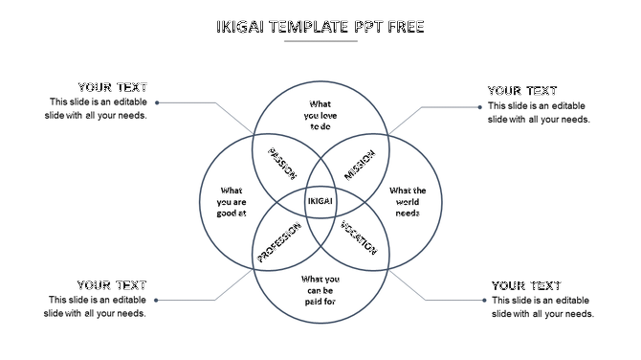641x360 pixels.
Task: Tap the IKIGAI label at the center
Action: pyautogui.click(x=320, y=201)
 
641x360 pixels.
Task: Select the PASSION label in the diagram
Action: pyautogui.click(x=282, y=164)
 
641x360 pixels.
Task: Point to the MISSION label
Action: pyautogui.click(x=360, y=164)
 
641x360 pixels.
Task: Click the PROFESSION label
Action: pyautogui.click(x=279, y=242)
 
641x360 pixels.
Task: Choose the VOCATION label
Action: pyautogui.click(x=359, y=238)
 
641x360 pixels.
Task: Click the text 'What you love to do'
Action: pyautogui.click(x=320, y=115)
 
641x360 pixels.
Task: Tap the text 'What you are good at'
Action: pyautogui.click(x=232, y=201)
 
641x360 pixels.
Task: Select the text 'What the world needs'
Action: pyautogui.click(x=408, y=201)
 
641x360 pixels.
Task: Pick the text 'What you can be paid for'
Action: pyautogui.click(x=320, y=290)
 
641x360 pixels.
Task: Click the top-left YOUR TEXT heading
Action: pyautogui.click(x=113, y=87)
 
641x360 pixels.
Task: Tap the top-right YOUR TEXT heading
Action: pyautogui.click(x=522, y=91)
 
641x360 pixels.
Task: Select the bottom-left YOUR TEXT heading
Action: pyautogui.click(x=112, y=284)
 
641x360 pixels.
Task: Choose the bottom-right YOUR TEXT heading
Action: pyautogui.click(x=526, y=285)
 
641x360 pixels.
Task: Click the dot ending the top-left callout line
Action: pyautogui.click(x=157, y=102)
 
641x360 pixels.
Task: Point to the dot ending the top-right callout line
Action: pyautogui.click(x=479, y=107)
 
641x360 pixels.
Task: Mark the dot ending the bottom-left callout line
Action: pyautogui.click(x=156, y=301)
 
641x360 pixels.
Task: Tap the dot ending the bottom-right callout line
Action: pyautogui.click(x=483, y=301)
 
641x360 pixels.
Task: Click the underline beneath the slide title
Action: pyautogui.click(x=320, y=43)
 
